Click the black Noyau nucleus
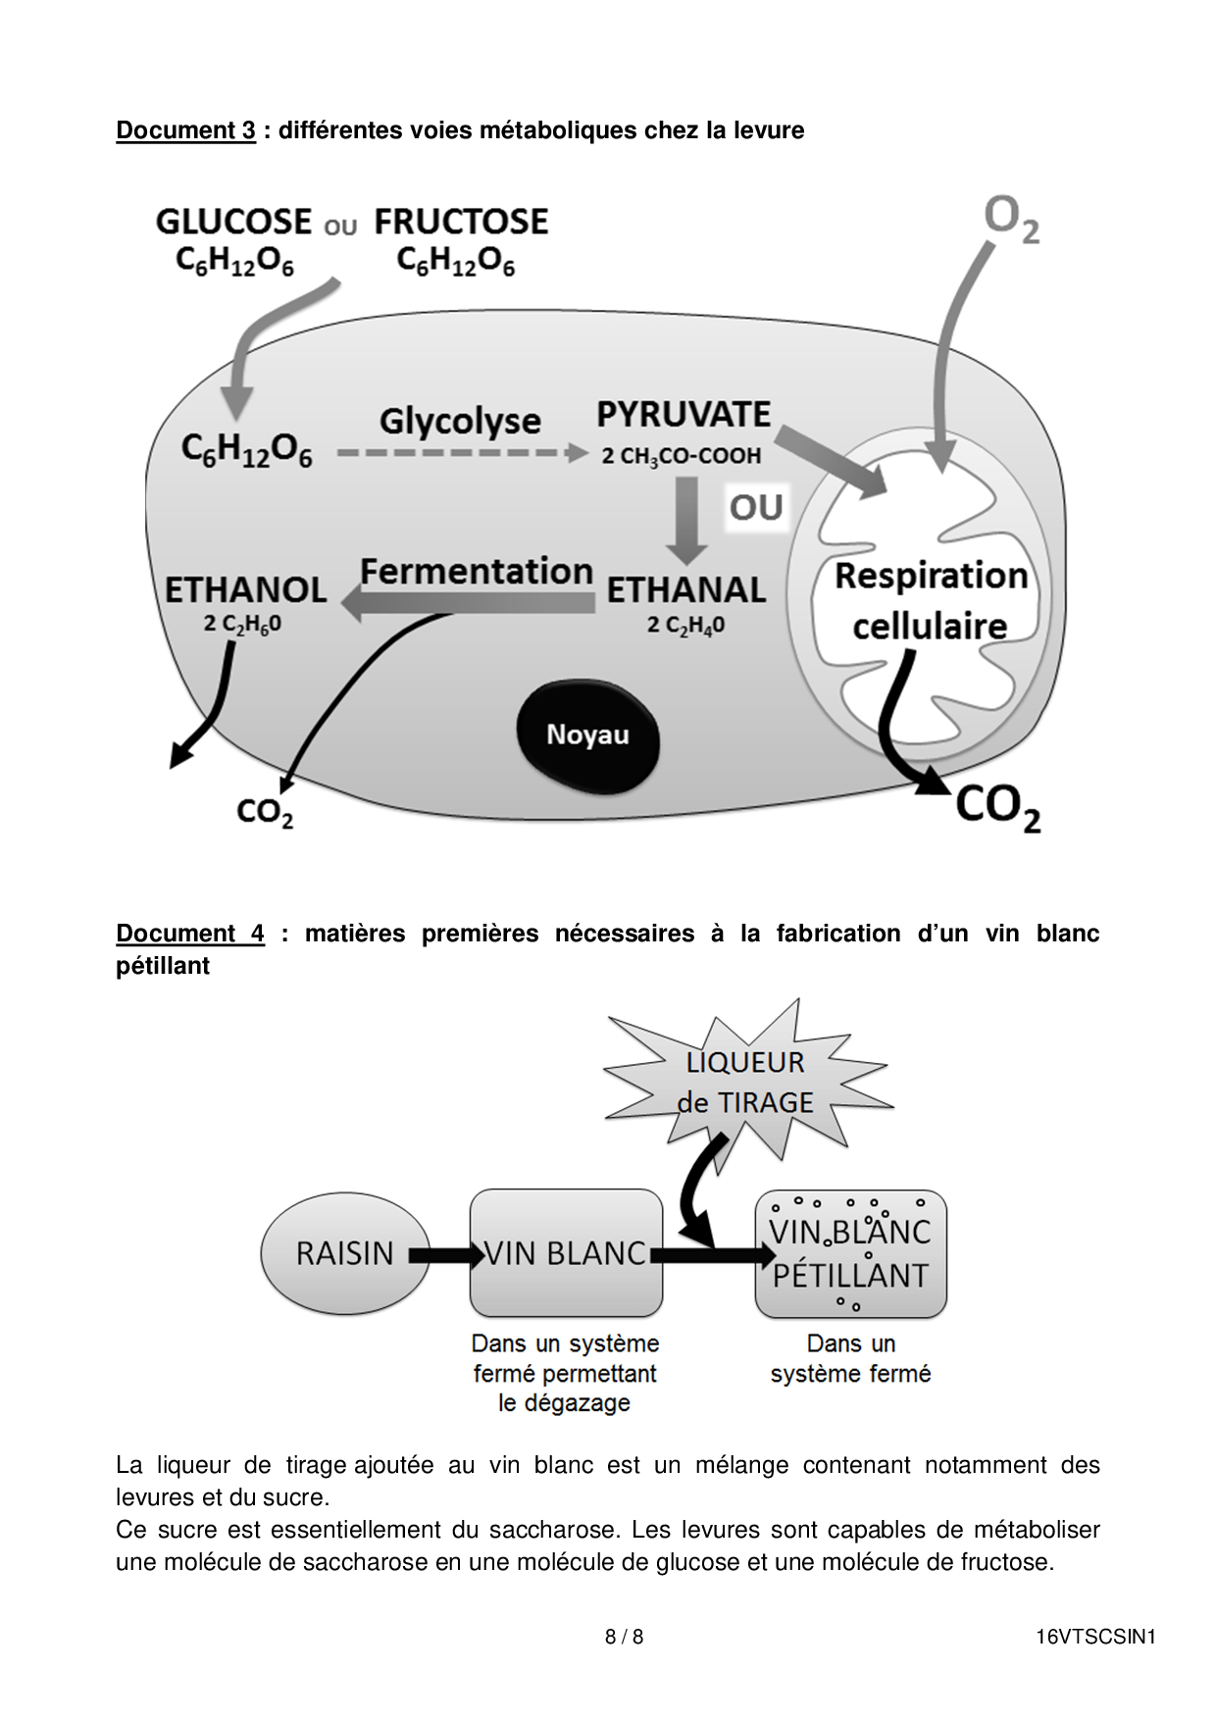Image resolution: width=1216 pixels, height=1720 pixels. pos(587,735)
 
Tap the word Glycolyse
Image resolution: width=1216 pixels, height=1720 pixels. pos(460,421)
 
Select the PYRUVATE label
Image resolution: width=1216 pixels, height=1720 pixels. pos(684,415)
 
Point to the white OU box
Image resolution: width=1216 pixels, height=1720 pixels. pos(756,507)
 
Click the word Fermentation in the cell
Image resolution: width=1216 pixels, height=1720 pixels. pos(477,571)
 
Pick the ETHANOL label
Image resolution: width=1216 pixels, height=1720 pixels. pos(245,589)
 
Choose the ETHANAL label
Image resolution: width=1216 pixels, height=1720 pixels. pos(685,589)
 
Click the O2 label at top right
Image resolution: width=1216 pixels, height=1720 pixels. pos(1011,218)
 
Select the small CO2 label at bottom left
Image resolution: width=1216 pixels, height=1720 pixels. pos(265,812)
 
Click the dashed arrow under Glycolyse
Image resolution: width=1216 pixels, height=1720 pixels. pos(461,453)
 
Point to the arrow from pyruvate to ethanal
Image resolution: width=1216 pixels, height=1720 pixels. pos(686,520)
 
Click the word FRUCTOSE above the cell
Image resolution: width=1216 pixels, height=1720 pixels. pos(461,222)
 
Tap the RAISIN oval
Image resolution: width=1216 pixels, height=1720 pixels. pos(344,1253)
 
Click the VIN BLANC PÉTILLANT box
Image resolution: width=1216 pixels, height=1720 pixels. pos(850,1253)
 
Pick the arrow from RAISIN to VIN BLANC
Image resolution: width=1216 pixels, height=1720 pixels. pos(445,1254)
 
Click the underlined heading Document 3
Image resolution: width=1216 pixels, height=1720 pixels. pos(185,130)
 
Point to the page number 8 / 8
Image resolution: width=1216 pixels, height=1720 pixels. pos(624,1637)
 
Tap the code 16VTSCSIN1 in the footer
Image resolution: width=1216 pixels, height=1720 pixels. pos(1095,1637)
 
